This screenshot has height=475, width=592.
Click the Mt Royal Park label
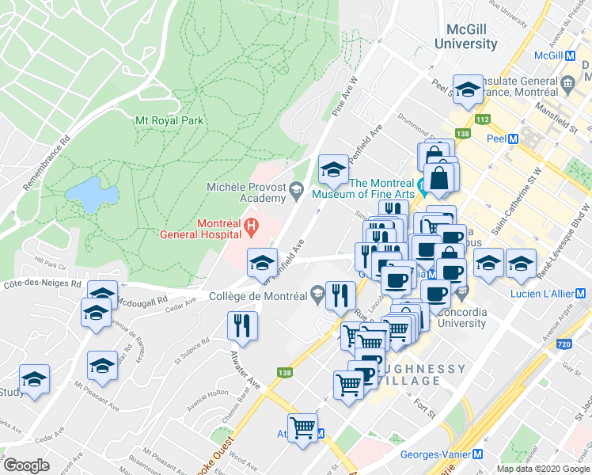(x=169, y=120)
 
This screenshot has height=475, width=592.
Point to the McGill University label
(x=472, y=36)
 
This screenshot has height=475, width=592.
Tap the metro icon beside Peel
(x=513, y=138)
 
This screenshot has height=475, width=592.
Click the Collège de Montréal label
(x=257, y=296)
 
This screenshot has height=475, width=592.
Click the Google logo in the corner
(x=26, y=465)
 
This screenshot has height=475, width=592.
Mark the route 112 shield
(x=482, y=120)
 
